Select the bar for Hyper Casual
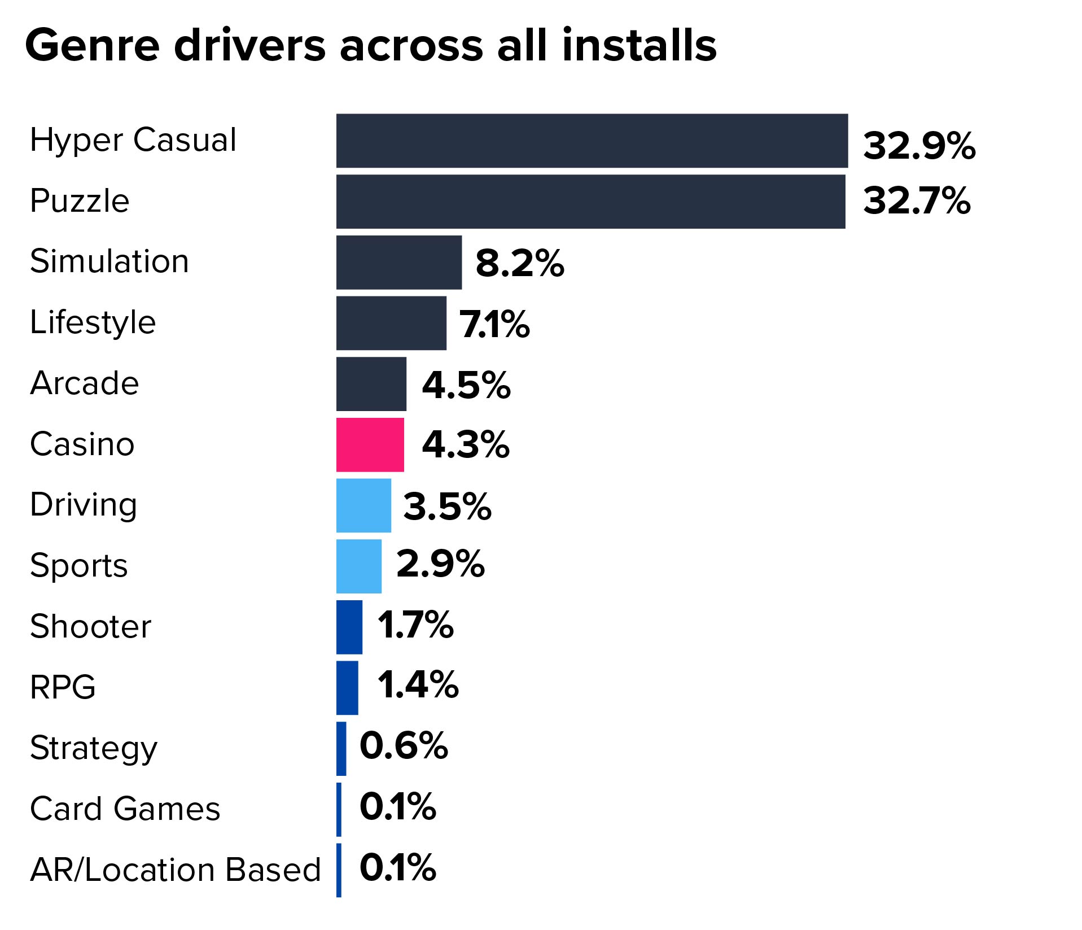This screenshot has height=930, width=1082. coord(592,141)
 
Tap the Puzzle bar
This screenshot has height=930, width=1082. coord(590,202)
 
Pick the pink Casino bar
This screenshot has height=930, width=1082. coord(370,444)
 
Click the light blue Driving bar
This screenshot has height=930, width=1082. coord(363,505)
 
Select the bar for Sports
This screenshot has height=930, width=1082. coord(358,566)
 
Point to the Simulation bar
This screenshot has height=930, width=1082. coord(398,262)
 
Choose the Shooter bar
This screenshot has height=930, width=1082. coord(349,627)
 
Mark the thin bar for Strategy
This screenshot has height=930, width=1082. coord(341,748)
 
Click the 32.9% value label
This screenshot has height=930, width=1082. coord(919,146)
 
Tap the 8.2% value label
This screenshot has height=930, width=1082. coord(519,263)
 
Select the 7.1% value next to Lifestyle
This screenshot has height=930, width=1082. coord(494,324)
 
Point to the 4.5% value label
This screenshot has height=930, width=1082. coord(466,385)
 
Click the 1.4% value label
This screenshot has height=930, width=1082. coord(418,685)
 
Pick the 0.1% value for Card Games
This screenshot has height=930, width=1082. coord(397,806)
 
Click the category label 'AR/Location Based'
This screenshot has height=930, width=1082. coord(175,870)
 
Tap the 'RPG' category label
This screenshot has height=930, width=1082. coord(63,687)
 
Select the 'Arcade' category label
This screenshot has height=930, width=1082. coord(84,383)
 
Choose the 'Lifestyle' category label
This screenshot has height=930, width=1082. coord(93,322)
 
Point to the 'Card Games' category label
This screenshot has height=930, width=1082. coord(125,809)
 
